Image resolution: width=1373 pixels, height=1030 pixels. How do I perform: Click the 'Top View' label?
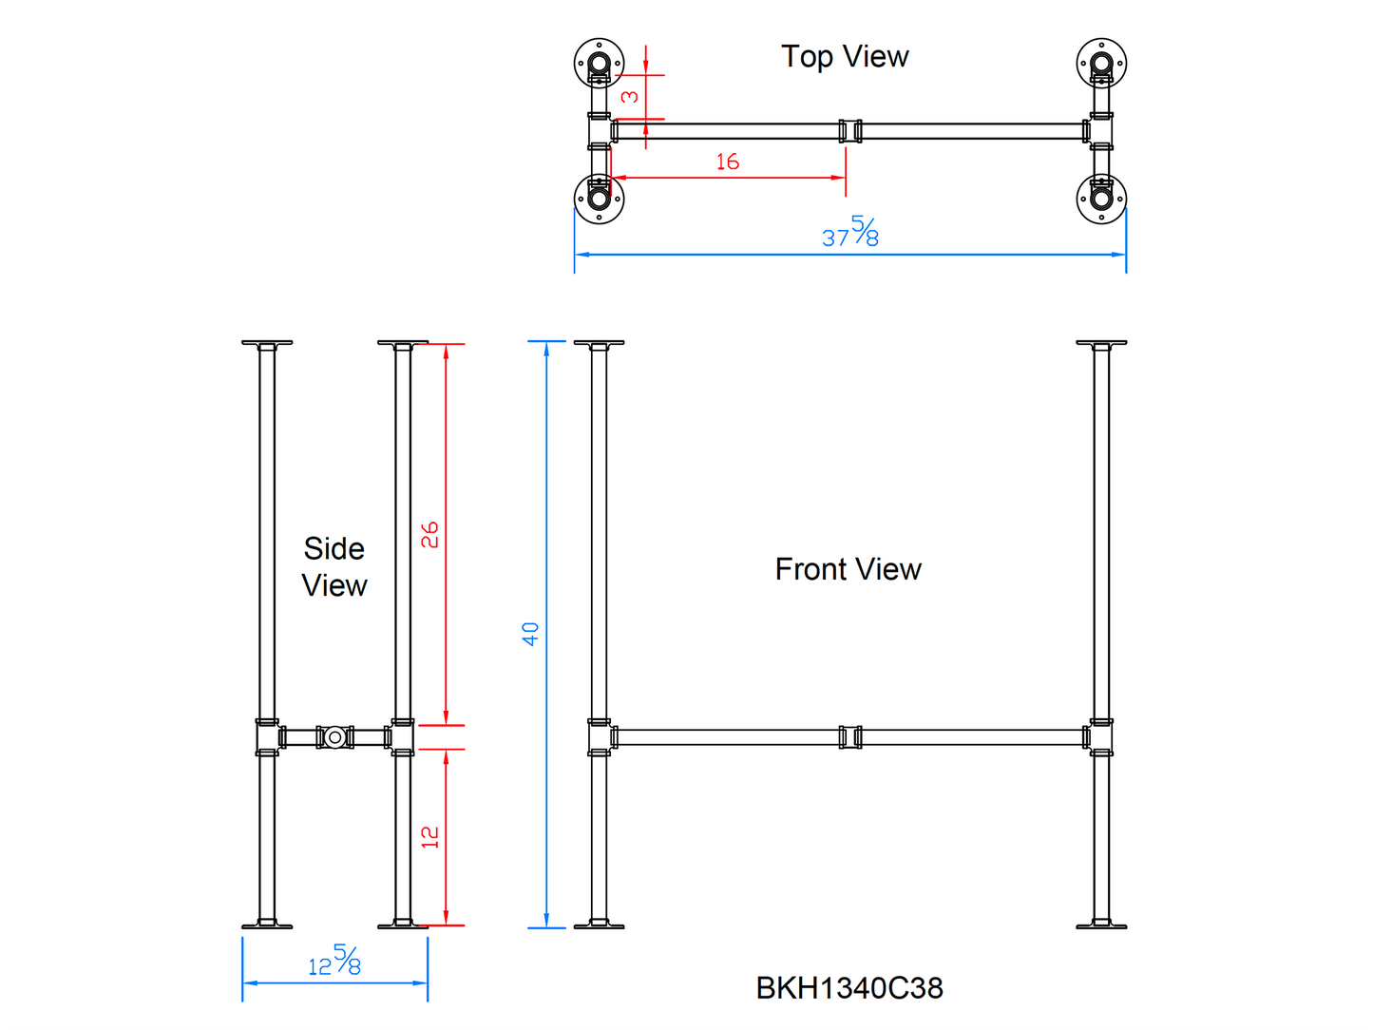pyautogui.click(x=845, y=57)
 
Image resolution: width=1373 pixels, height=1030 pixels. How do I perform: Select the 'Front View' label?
pyautogui.click(x=848, y=569)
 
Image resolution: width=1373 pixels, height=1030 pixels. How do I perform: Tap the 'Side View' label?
pyautogui.click(x=334, y=566)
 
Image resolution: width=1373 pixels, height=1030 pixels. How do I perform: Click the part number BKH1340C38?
pyautogui.click(x=849, y=988)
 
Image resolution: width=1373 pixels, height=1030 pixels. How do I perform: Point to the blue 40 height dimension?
pyautogui.click(x=530, y=634)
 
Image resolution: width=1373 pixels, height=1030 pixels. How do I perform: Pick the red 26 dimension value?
pyautogui.click(x=429, y=534)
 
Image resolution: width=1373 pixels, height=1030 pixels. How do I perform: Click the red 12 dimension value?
pyautogui.click(x=430, y=836)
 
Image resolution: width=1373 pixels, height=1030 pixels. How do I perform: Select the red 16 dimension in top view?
pyautogui.click(x=728, y=162)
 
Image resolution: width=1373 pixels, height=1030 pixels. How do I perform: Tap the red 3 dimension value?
pyautogui.click(x=630, y=97)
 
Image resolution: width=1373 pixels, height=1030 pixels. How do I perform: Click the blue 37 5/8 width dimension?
pyautogui.click(x=850, y=233)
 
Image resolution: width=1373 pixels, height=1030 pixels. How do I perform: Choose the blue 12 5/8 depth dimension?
pyautogui.click(x=334, y=962)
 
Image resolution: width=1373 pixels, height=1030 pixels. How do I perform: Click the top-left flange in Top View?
pyautogui.click(x=600, y=64)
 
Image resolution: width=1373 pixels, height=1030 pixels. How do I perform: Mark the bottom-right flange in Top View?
pyautogui.click(x=1101, y=199)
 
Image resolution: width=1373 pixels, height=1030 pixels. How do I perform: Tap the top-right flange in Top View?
pyautogui.click(x=1101, y=64)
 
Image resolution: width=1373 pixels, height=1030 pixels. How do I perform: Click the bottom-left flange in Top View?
pyautogui.click(x=600, y=199)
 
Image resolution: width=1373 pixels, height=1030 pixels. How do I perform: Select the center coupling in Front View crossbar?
pyautogui.click(x=850, y=737)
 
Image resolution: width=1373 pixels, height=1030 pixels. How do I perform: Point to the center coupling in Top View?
pyautogui.click(x=850, y=131)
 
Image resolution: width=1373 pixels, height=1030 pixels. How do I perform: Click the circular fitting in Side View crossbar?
pyautogui.click(x=334, y=737)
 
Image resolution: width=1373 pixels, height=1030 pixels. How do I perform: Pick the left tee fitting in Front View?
pyautogui.click(x=600, y=737)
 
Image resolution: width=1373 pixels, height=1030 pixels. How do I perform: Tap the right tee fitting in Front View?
pyautogui.click(x=1101, y=737)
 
